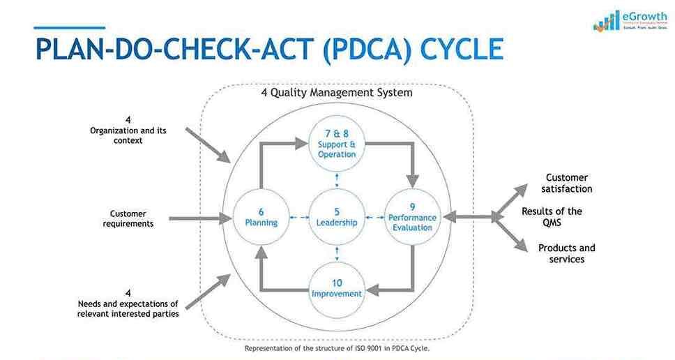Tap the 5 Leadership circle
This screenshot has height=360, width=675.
pos(337,217)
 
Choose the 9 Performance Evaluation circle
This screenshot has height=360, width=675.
pos(413,217)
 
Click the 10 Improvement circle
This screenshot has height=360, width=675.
pos(337,288)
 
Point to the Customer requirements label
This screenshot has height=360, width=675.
pos(128,218)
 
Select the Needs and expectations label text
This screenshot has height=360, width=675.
pos(128,308)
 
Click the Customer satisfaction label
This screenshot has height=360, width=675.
pos(567,183)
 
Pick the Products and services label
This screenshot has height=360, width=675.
pos(566,253)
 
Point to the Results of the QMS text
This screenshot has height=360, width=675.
pos(552,217)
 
